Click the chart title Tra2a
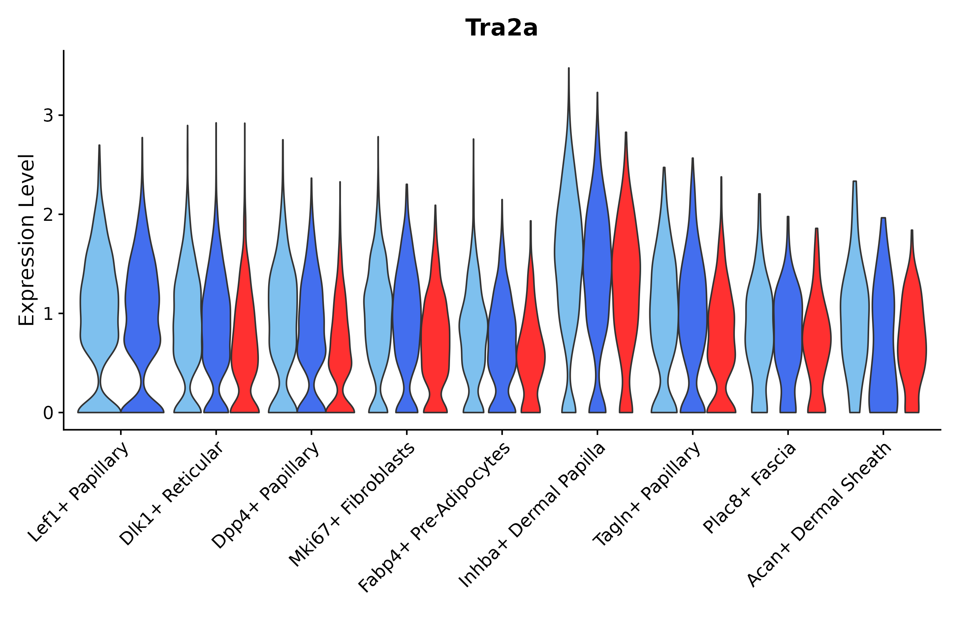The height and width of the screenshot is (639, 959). [x=501, y=28]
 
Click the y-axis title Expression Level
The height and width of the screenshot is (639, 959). [x=27, y=240]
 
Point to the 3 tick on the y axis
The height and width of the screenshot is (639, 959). [x=48, y=116]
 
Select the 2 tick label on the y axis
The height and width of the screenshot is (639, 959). [x=48, y=215]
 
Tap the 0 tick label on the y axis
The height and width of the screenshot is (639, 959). [x=48, y=413]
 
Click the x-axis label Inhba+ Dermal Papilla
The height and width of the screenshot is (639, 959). [x=532, y=515]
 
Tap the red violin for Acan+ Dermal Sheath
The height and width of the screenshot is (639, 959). [x=912, y=346]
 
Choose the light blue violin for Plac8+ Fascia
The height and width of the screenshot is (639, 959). [x=759, y=326]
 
